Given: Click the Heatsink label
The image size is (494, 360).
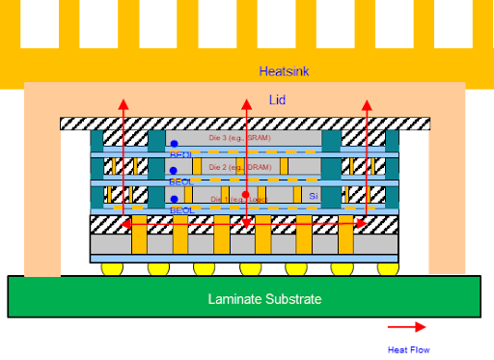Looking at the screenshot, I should [x=284, y=71].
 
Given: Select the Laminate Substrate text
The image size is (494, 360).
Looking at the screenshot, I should [x=264, y=299].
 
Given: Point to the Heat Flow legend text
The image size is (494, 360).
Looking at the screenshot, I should [x=407, y=349].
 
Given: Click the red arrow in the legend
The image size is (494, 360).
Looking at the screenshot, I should [x=407, y=327].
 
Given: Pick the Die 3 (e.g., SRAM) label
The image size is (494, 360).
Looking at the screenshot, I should [x=240, y=137].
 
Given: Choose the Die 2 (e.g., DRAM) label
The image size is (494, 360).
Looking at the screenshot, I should [x=240, y=167].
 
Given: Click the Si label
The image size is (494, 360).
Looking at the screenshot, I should [x=313, y=195].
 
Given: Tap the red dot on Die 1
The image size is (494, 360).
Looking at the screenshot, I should [x=246, y=195].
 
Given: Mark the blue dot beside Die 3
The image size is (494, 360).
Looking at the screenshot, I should [x=174, y=144].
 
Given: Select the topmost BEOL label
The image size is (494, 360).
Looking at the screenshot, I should [x=180, y=153].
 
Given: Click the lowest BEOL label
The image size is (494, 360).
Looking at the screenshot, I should [x=180, y=209].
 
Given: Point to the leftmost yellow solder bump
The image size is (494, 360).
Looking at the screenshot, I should [x=109, y=268].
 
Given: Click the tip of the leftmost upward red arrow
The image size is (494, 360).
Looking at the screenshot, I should [x=123, y=99].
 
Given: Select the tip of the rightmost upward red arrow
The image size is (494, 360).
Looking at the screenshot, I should [x=367, y=99].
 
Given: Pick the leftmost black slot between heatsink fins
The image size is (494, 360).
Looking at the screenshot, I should [x=40, y=24].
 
